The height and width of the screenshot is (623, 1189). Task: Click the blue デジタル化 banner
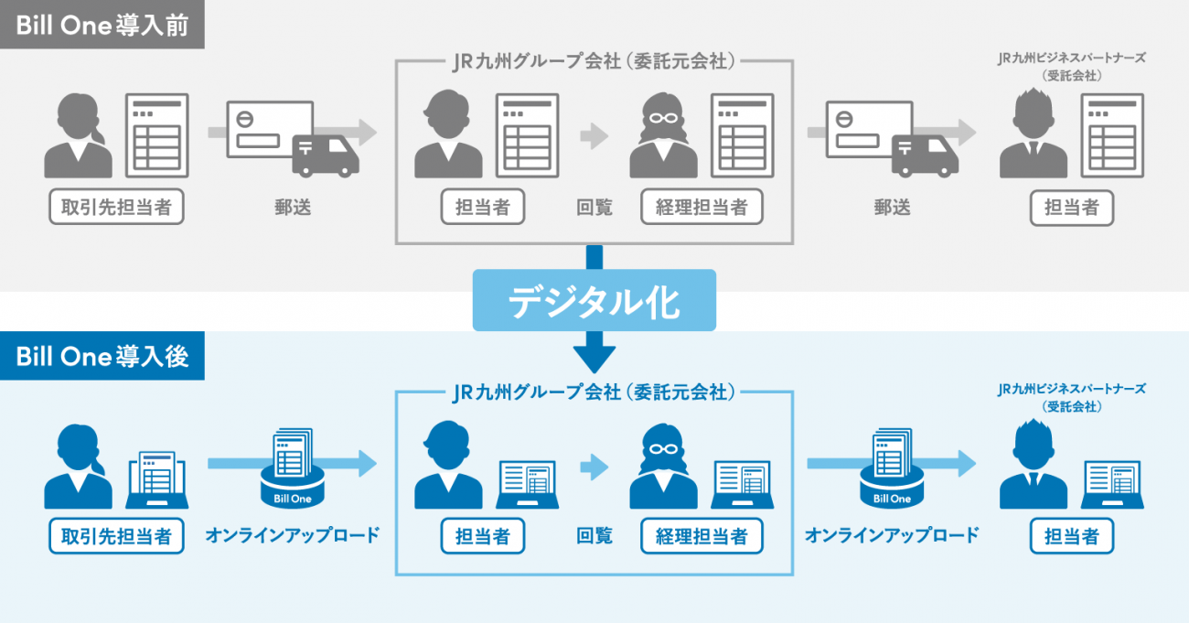[594, 299]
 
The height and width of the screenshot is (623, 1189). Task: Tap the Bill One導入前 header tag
[102, 25]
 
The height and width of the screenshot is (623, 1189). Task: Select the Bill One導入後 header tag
[102, 355]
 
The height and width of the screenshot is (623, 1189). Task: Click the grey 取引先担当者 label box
[116, 207]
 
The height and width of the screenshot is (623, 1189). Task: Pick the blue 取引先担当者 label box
[116, 536]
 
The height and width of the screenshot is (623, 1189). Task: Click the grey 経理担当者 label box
[702, 207]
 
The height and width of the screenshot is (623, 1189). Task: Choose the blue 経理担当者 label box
[702, 536]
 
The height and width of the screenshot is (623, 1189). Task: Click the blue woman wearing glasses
[663, 466]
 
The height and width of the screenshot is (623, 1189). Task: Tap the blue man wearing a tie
[1033, 466]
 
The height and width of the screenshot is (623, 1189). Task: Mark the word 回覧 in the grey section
[594, 208]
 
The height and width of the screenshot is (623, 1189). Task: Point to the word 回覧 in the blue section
[594, 536]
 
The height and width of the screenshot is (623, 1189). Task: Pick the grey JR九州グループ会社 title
[594, 61]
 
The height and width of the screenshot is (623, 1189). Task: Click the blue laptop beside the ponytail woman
[158, 480]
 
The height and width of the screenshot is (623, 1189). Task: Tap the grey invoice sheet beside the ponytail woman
[157, 135]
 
